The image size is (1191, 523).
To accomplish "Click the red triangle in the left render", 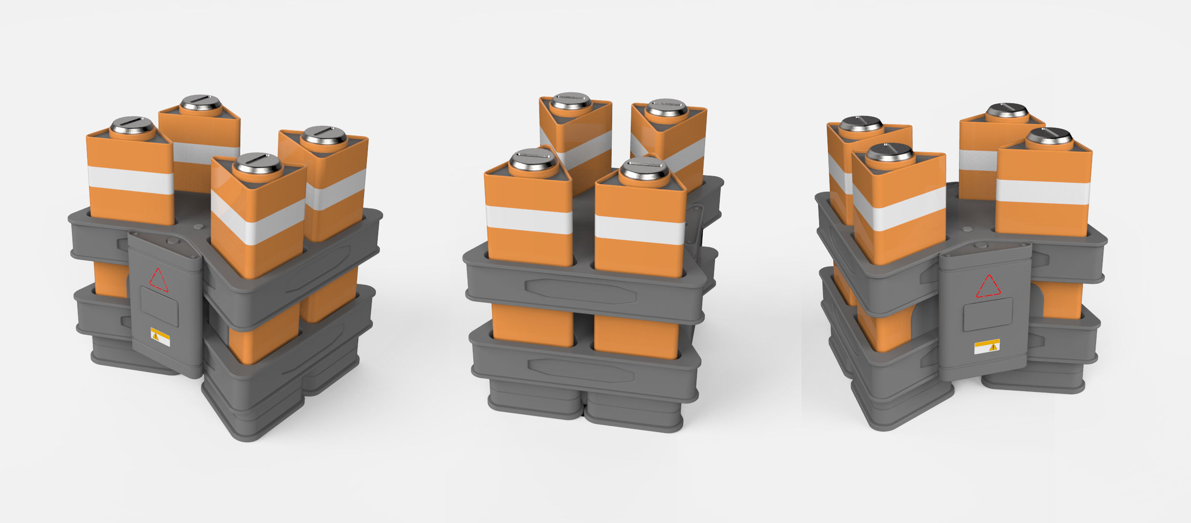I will pos(159,280).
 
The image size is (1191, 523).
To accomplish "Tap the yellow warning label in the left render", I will pos(160,336).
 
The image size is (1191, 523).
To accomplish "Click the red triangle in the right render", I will pos(988,286).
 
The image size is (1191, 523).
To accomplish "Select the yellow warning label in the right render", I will pos(986,346).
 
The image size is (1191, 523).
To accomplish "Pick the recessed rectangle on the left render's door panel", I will pos(160,307).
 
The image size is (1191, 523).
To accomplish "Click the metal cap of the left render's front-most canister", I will pos(257,164).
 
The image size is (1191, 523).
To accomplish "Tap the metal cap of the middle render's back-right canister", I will pos(666,107).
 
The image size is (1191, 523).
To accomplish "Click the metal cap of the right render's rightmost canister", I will pos(1050,136).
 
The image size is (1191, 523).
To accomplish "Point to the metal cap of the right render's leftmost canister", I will pos(860,123).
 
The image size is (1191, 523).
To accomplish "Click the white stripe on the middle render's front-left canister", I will pos(529,219).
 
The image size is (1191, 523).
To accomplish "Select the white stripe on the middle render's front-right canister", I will pos(640,229).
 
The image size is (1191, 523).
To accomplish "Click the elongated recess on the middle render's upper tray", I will pos(580,292).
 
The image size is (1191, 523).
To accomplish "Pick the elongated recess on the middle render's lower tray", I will pos(581,371).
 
